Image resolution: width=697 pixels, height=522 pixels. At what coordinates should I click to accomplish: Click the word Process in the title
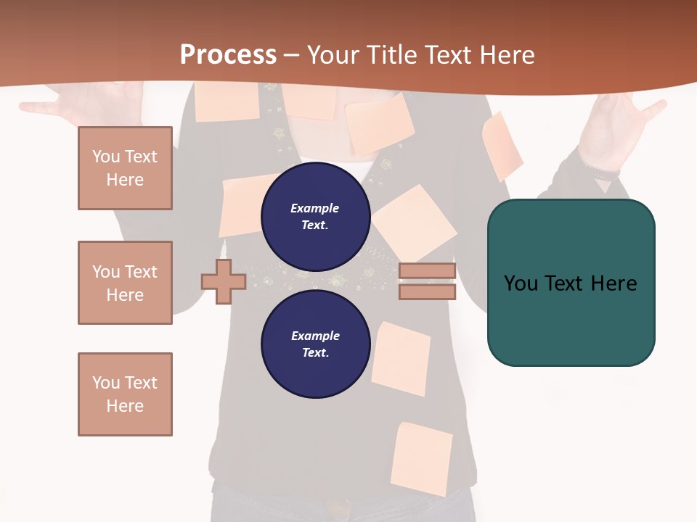pos(228,55)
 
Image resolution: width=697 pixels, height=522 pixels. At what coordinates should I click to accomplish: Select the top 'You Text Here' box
pos(125,168)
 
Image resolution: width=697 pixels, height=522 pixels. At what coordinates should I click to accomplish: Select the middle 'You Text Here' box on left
pos(125,283)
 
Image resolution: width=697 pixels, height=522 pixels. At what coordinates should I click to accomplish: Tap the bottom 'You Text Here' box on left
pos(125,394)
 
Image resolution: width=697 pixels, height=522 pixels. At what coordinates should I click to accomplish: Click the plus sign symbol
pos(224,281)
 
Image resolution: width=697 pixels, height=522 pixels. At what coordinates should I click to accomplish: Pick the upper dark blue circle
pos(316,216)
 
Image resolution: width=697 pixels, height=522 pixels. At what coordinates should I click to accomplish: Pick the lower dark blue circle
pos(316,344)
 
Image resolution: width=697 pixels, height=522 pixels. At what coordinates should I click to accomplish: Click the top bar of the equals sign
pos(427,271)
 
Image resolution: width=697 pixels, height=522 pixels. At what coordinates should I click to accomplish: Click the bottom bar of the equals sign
pos(427,291)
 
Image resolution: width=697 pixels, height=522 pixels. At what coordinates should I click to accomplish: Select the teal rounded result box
pos(571,283)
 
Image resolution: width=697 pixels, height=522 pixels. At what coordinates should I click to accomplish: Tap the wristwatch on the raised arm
pos(603,173)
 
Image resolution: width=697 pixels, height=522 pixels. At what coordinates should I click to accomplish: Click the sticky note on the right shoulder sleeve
pos(502,145)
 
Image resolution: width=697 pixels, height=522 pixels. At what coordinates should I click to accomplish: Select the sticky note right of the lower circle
pos(401,359)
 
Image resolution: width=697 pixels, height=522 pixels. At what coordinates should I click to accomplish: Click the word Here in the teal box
pos(614,283)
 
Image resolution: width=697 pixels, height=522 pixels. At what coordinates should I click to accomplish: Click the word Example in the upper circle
pos(315,208)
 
